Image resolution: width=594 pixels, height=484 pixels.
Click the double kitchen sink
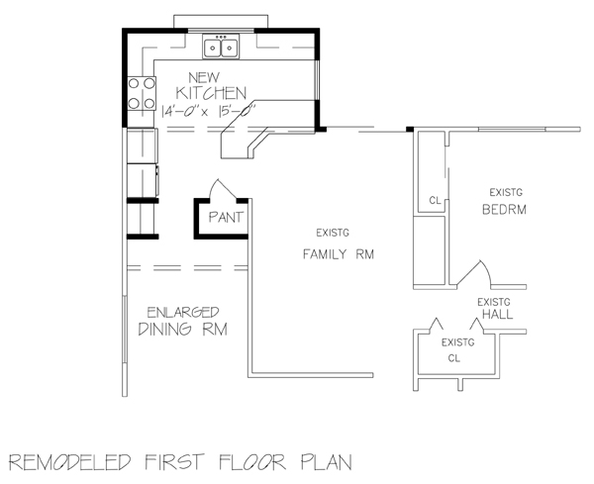[x=221, y=47]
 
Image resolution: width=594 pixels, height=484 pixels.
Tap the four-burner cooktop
[x=142, y=93]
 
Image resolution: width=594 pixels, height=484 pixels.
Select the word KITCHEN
[x=211, y=93]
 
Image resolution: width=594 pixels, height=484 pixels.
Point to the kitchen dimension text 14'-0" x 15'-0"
[x=209, y=111]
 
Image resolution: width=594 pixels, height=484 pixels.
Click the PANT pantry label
[x=226, y=218]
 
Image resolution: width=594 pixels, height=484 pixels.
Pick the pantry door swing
[x=224, y=189]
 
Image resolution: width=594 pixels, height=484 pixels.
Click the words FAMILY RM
[x=339, y=253]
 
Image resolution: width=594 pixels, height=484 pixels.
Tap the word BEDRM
[x=504, y=210]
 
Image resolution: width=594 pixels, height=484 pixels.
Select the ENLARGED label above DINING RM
[x=183, y=313]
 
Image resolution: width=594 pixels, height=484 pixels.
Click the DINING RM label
[x=183, y=329]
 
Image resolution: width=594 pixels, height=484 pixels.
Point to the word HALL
[x=497, y=314]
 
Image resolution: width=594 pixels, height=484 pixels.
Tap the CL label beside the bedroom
[x=436, y=200]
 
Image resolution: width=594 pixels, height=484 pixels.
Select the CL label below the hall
[x=453, y=358]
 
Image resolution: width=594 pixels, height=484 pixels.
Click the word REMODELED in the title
[x=70, y=462]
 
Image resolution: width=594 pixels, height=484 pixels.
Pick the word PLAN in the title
[x=327, y=462]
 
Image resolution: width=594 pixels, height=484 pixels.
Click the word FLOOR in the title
[x=251, y=462]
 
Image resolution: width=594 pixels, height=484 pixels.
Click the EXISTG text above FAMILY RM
[x=333, y=233]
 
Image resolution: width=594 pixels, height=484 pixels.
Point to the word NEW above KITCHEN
[x=204, y=77]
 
